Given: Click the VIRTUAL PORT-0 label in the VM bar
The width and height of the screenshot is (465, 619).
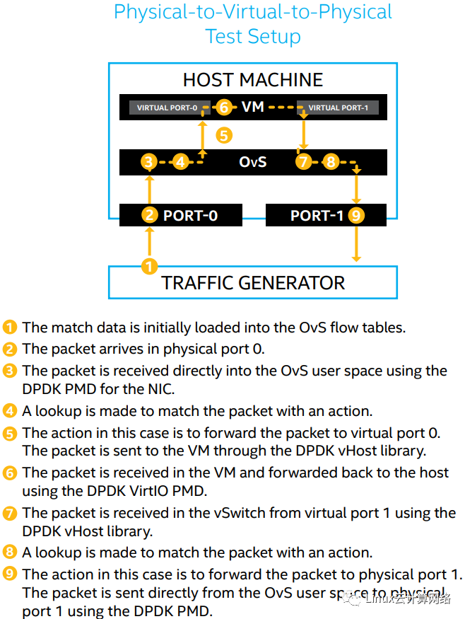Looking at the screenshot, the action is pos(167,108).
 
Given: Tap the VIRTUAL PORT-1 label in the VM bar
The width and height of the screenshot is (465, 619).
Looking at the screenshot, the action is pos(338,108).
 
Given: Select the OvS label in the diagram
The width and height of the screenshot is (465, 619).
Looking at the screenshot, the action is pos(253,162).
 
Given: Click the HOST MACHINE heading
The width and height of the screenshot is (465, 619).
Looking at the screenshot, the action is pos(253,80).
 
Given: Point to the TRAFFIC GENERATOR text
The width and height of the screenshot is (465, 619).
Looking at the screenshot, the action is pos(253,283).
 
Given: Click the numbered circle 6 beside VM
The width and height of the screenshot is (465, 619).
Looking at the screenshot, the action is pos(224,107).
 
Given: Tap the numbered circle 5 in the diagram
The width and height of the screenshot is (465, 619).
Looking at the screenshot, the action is pos(224,135).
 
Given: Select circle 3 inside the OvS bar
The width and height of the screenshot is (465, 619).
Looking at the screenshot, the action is pos(148,162).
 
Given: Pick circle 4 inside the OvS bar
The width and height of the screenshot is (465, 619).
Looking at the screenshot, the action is pos(181,162).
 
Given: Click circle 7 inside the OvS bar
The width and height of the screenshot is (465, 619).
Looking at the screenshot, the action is pos(303,162).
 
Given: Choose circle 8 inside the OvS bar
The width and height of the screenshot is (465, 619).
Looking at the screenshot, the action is pos(331,162).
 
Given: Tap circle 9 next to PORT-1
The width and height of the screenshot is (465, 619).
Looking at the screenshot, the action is pos(356,216).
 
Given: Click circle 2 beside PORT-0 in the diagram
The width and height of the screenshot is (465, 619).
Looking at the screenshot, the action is pos(150,215).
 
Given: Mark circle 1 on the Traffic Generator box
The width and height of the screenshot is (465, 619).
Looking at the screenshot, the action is pos(150,267).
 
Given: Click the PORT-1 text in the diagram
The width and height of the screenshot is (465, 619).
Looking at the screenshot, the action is pos(317,216).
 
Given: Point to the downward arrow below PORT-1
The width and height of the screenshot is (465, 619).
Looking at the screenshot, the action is pos(356,244).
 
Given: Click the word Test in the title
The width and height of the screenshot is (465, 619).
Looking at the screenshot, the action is pos(223,36).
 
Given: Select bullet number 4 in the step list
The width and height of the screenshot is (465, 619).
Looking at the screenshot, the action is pos(10,411).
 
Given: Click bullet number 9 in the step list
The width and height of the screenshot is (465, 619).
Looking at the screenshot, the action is pos(10,574).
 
